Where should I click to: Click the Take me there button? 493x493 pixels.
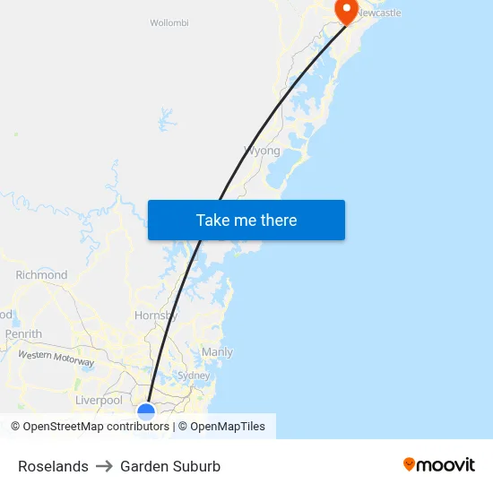246,221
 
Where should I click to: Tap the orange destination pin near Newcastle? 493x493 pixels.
346,10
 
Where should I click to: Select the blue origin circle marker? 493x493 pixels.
146,411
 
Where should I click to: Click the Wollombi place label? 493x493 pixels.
169,23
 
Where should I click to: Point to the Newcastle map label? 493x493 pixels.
379,13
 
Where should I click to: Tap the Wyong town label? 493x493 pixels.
263,151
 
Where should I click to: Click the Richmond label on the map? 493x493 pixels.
41,275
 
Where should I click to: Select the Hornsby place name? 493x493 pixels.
156,316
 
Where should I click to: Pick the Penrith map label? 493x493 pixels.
23,334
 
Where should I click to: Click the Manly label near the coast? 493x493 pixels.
217,352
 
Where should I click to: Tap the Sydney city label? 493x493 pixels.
194,376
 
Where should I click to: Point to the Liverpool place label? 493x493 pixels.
99,400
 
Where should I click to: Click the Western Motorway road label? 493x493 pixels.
56,358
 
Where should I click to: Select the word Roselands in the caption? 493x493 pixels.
53,466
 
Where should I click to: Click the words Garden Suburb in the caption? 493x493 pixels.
170,466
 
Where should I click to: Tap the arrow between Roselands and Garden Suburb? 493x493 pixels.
104,466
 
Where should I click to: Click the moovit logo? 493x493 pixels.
439,464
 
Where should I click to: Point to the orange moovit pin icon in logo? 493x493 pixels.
410,464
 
